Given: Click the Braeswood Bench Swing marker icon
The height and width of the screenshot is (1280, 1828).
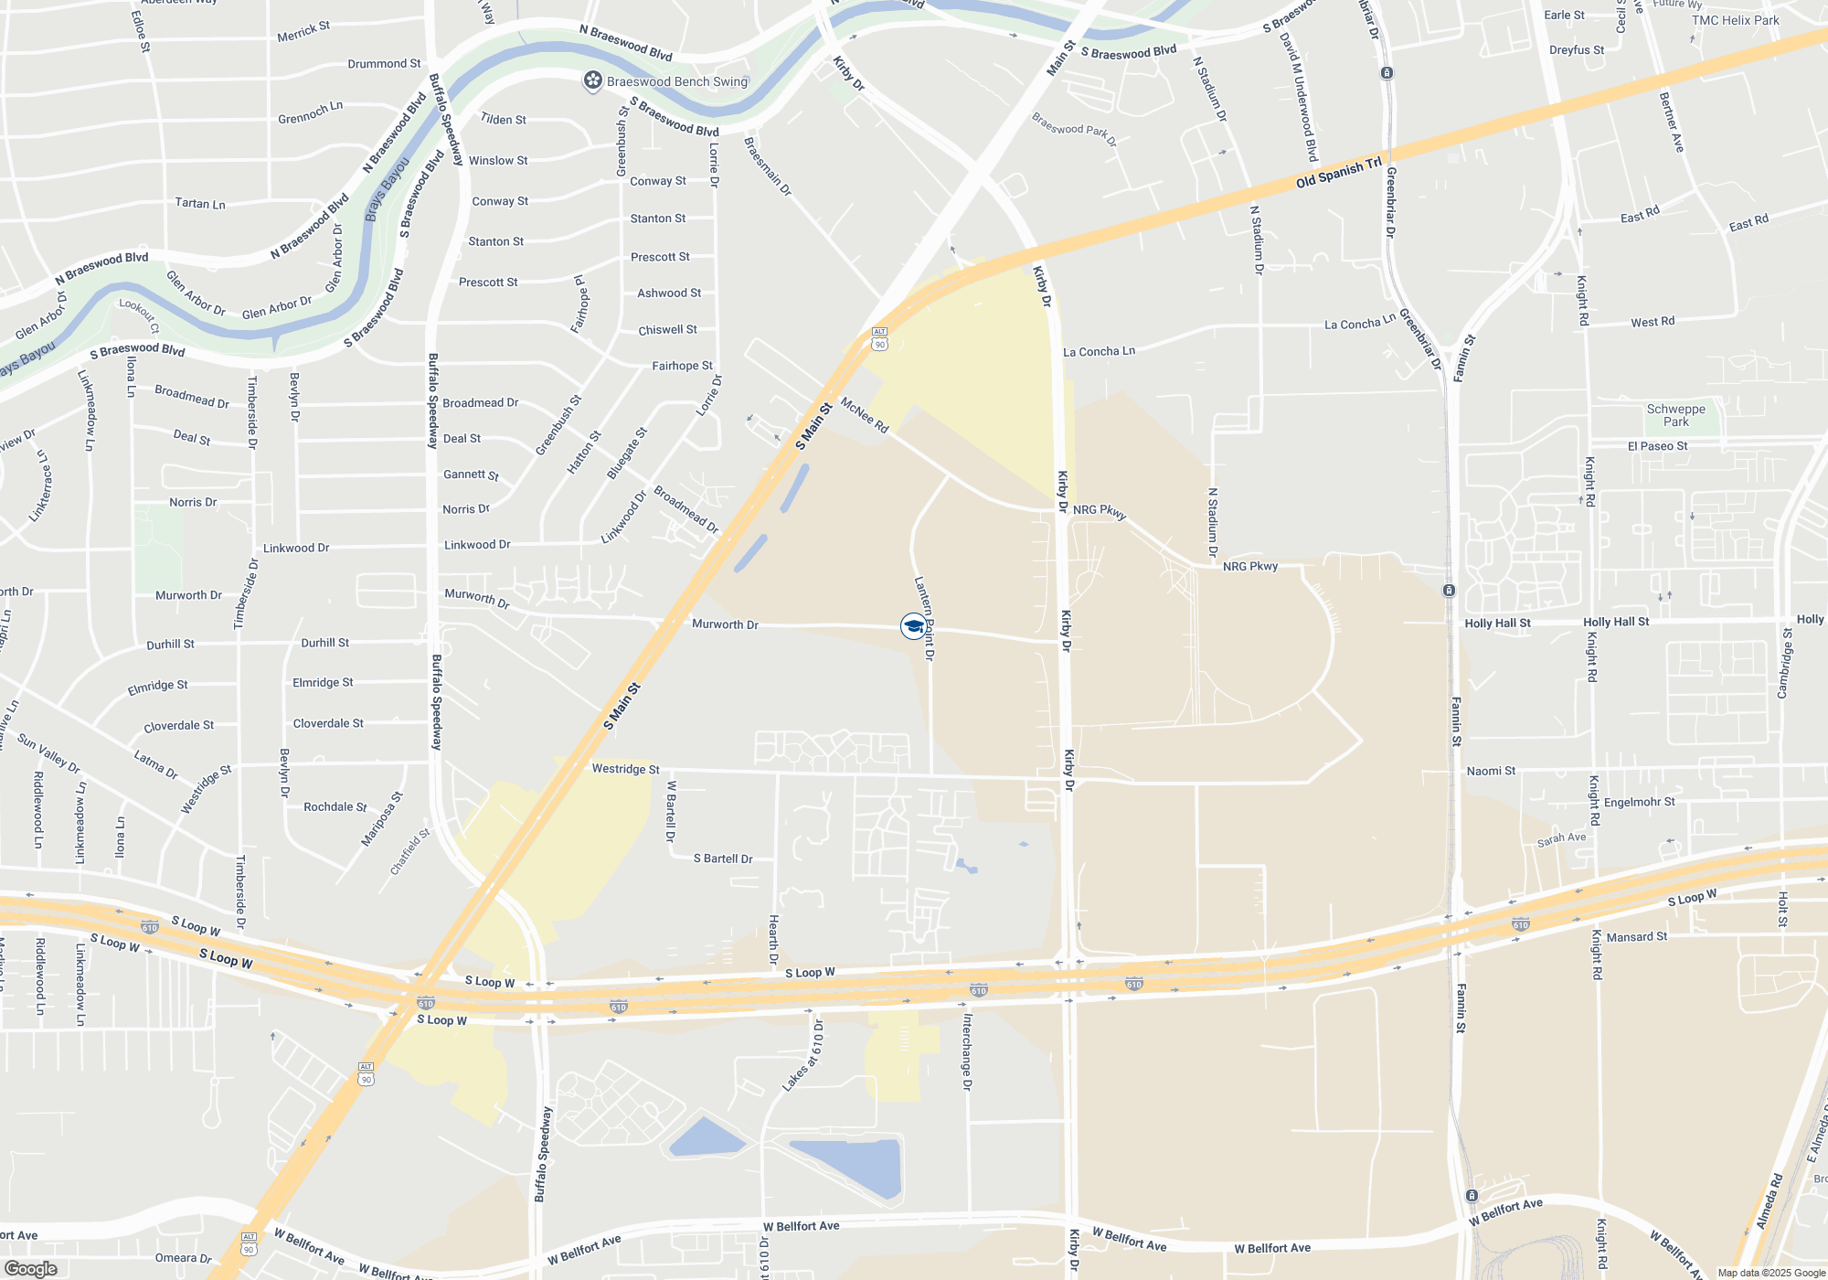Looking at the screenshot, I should coord(593,81).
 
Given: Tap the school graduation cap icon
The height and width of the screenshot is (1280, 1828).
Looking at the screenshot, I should coord(913,626).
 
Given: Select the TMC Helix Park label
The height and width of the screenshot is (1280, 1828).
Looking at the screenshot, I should coord(1735,20).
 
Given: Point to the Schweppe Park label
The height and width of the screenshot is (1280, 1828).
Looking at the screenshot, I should coord(1675,415).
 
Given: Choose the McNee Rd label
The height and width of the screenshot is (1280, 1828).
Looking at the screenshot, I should coord(864,415).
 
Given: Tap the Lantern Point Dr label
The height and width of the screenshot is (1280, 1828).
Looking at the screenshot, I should coord(925,618).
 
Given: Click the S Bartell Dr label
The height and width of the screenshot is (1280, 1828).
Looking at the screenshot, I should coord(722,859).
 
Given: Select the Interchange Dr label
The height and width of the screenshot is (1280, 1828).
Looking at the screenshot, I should coord(967,1051).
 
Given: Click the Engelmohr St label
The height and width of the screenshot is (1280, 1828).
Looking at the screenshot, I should coord(1639,802).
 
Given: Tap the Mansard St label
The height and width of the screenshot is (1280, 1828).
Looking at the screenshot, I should coord(1636,936).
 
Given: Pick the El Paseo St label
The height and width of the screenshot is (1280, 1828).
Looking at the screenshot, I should coord(1657,446).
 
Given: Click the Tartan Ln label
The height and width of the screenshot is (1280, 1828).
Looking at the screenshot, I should coord(199,203).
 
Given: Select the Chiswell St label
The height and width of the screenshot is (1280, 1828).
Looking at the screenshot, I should coord(667,329).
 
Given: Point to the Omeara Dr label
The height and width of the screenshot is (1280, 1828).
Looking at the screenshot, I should coord(183,1258).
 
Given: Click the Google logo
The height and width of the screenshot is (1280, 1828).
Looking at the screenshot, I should coord(30,1268).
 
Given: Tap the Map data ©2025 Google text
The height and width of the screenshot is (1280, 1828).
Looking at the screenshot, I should coord(1770,1273).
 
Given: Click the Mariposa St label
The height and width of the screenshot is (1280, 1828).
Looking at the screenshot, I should coord(381,819).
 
